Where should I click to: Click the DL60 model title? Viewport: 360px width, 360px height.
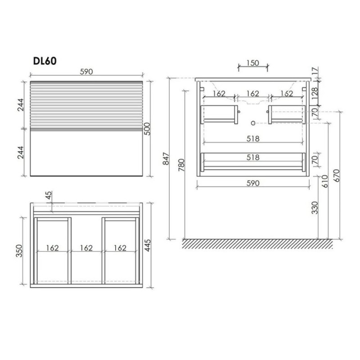[x=45, y=61]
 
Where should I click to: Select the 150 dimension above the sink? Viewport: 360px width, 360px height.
[x=253, y=63]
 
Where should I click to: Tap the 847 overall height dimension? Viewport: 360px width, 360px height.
[x=166, y=158]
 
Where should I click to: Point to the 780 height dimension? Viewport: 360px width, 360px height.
[x=181, y=165]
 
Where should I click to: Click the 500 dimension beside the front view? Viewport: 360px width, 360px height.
[x=147, y=129]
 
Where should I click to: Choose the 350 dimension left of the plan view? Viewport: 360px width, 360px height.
[x=19, y=251]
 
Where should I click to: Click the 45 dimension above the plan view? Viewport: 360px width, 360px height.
[x=49, y=196]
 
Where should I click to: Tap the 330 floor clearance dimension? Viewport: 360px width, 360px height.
[x=315, y=208]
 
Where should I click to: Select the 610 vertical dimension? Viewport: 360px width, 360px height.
[x=325, y=181]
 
